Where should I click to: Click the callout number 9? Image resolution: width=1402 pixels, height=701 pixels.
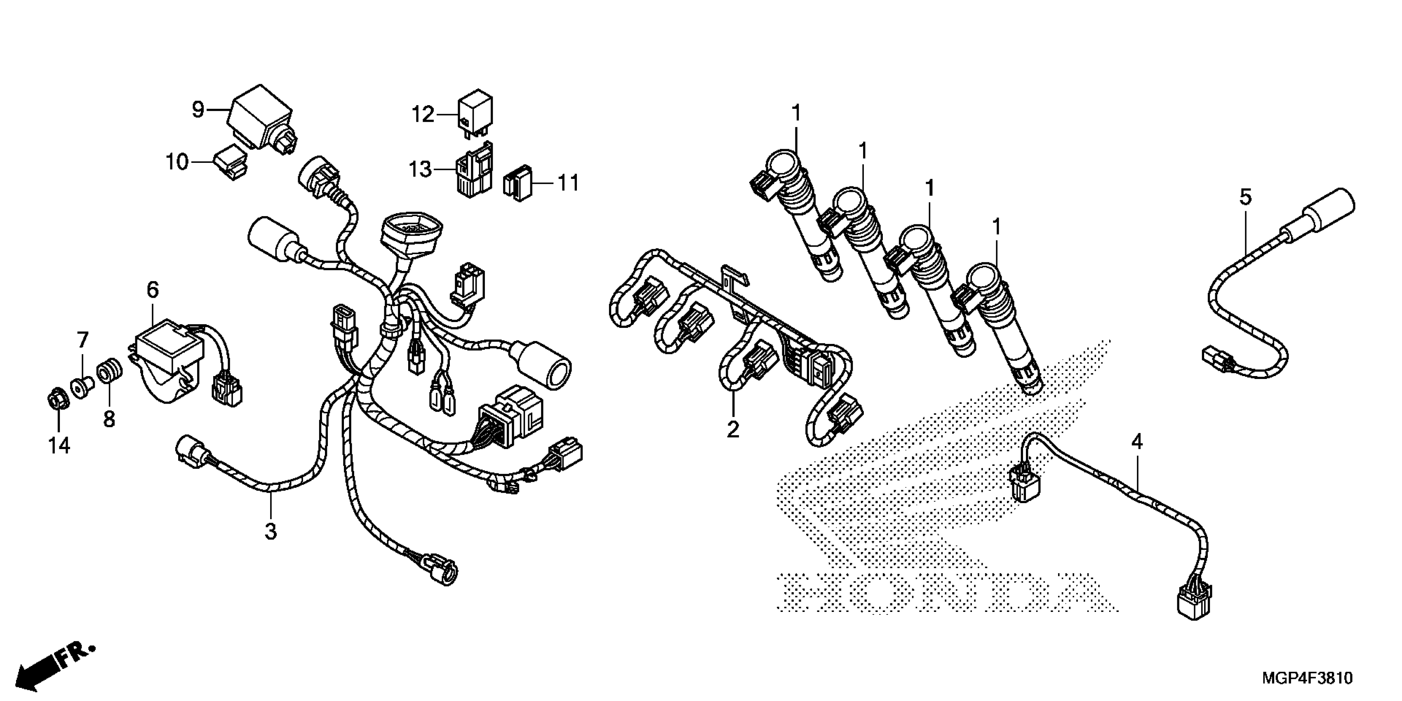198,110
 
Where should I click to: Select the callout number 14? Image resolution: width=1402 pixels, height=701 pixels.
59,446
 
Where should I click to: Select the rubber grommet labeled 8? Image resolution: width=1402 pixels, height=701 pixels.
109,373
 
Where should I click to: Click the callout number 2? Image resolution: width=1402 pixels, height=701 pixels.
733,429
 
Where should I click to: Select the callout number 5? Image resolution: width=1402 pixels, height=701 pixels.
1246,197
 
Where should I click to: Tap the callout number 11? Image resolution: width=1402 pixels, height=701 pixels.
568,183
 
